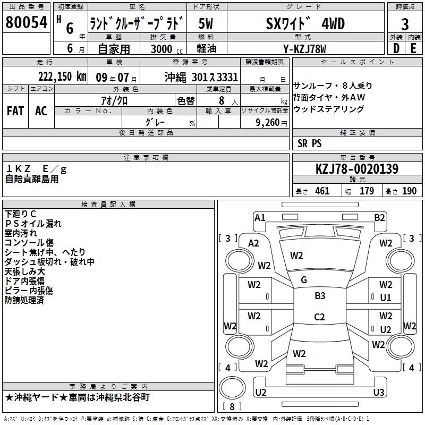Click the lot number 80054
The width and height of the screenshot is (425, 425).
tap(26, 22)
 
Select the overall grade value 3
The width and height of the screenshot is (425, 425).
tap(405, 24)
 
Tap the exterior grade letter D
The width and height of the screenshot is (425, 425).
tap(396, 48)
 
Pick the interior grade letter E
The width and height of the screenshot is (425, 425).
tap(413, 48)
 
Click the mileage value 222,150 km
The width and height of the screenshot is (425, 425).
tap(62, 76)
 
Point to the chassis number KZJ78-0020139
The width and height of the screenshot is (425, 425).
tap(357, 169)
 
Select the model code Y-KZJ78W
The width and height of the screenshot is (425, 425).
tap(304, 49)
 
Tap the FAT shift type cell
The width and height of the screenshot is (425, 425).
tap(15, 111)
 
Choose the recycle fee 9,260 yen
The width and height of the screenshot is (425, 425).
tap(271, 123)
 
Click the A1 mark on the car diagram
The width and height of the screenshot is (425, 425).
tap(260, 218)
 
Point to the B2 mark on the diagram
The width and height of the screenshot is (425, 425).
tap(379, 218)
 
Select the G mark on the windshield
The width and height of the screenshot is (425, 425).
tap(304, 280)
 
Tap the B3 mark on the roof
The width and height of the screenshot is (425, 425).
tap(320, 296)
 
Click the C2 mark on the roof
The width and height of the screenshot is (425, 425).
tap(319, 317)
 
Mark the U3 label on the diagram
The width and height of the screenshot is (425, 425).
tap(379, 392)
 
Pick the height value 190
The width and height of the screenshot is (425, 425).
tap(409, 191)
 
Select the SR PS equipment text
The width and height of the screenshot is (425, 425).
tap(310, 143)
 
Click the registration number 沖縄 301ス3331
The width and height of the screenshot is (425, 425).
tap(201, 78)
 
